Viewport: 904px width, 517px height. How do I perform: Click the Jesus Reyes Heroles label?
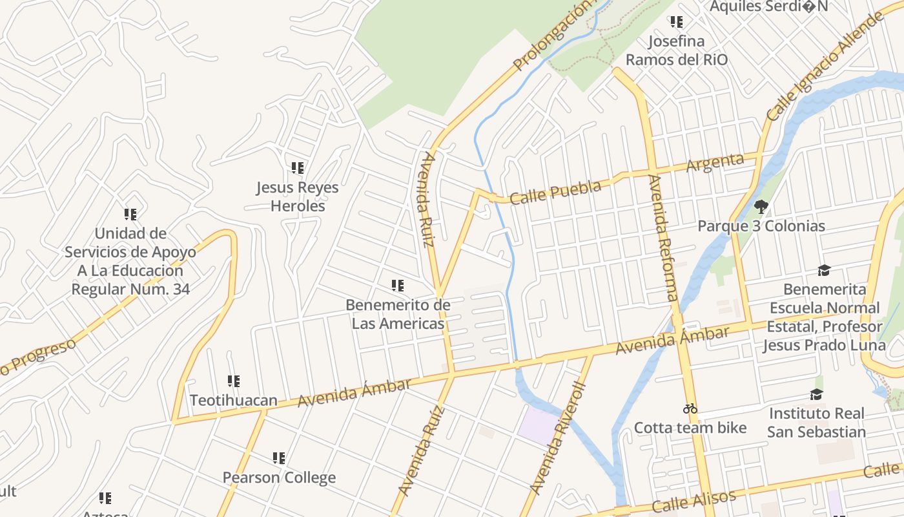point(297,196)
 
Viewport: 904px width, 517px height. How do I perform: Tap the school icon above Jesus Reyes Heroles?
point(297,168)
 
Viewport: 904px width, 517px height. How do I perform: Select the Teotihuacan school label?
point(233,400)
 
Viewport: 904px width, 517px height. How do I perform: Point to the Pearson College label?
point(279,478)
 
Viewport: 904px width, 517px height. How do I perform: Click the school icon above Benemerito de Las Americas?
point(398,285)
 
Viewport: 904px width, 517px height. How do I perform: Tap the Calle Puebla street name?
point(555,192)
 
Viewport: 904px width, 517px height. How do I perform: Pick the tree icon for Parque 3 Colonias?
point(761,207)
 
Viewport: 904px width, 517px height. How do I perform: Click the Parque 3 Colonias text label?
point(761,226)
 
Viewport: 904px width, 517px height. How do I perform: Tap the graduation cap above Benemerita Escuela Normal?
point(824,270)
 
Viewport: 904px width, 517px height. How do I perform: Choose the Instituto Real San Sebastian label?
point(816,422)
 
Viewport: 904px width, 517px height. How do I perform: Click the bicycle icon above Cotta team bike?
point(690,408)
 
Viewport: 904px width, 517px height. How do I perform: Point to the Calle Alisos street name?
point(693,501)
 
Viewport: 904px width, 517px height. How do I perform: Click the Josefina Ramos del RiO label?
point(676,50)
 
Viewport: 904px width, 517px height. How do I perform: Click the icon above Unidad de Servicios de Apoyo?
point(130,214)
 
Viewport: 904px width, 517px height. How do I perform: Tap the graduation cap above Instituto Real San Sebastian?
point(817,394)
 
